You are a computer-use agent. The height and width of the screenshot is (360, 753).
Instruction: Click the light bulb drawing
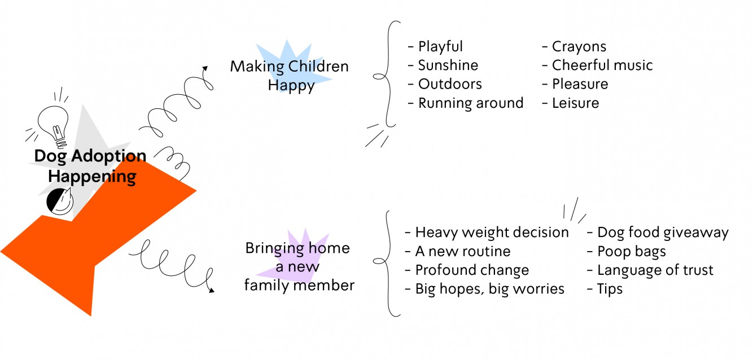point(54,126)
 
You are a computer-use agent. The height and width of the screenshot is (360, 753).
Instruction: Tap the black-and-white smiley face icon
point(60,201)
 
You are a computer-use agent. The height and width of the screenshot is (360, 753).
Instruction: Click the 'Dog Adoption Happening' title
point(90,166)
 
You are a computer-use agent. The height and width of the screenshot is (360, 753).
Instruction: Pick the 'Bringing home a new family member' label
point(299,267)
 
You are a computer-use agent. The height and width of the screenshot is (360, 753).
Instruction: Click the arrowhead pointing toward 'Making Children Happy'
point(205,68)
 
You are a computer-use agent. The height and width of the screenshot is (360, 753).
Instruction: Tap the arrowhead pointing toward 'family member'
point(212,290)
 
